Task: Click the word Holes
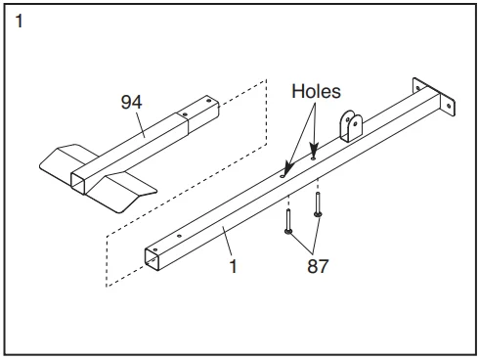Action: pyautogui.click(x=316, y=91)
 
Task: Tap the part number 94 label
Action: pyautogui.click(x=131, y=102)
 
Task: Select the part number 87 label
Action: pyautogui.click(x=318, y=266)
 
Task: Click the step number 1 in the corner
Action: pyautogui.click(x=20, y=22)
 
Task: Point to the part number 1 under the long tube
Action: pyautogui.click(x=234, y=266)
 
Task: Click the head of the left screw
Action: pyautogui.click(x=288, y=231)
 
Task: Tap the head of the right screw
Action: pyautogui.click(x=318, y=214)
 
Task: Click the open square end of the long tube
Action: pyautogui.click(x=152, y=259)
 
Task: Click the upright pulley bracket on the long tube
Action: pyautogui.click(x=351, y=126)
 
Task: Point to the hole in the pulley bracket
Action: pyautogui.click(x=356, y=123)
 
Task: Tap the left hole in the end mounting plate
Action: pyautogui.click(x=417, y=88)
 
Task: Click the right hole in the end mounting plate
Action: pyautogui.click(x=449, y=106)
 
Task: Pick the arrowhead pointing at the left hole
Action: pyautogui.click(x=287, y=169)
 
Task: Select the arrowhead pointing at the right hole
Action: pyautogui.click(x=314, y=151)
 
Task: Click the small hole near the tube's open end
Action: pyautogui.click(x=178, y=236)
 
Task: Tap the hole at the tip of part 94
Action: pyautogui.click(x=207, y=101)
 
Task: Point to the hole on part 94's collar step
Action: pyautogui.click(x=185, y=114)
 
